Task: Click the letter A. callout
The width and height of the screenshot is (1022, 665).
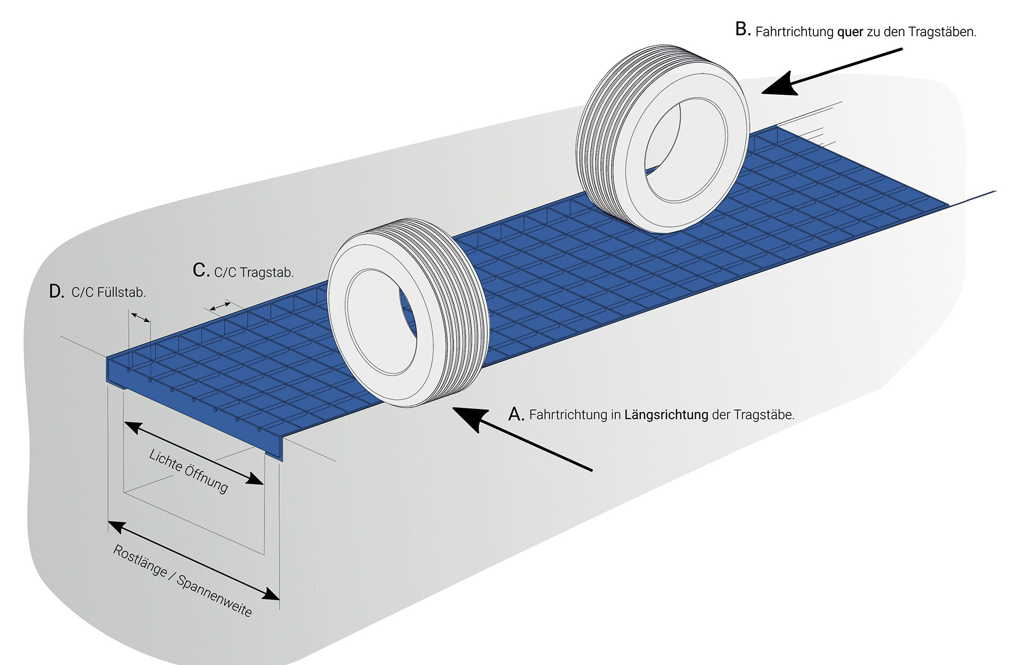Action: click(516, 414)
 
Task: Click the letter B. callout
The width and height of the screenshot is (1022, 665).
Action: click(743, 29)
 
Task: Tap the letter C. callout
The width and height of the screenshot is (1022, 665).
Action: click(201, 270)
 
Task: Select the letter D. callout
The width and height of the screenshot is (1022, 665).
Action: click(56, 291)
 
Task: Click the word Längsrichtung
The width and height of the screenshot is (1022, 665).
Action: click(666, 415)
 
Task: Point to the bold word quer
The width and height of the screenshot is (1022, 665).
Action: click(850, 32)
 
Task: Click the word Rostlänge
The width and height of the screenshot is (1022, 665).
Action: click(140, 560)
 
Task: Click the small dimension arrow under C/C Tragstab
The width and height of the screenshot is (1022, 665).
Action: click(220, 306)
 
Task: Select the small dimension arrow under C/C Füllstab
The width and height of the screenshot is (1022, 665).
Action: click(140, 317)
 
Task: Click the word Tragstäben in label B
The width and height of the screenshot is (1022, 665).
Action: click(942, 32)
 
